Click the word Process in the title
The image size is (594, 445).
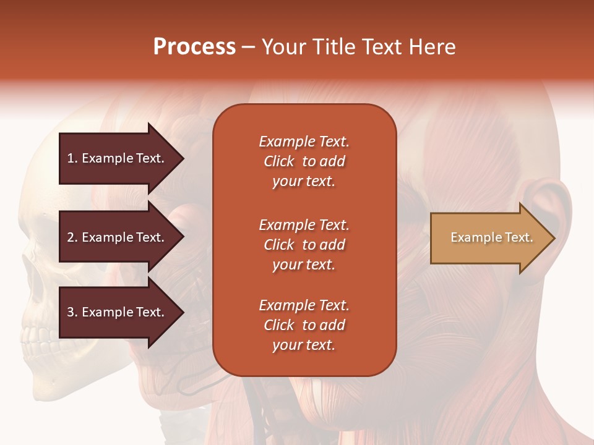(194, 47)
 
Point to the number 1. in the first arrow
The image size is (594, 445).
(72, 158)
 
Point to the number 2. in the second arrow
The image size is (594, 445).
(72, 237)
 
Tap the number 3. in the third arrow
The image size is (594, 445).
(72, 312)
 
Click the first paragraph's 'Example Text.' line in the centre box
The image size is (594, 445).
(304, 142)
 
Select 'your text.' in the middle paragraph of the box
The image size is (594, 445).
(304, 265)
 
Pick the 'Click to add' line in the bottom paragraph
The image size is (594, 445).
(304, 325)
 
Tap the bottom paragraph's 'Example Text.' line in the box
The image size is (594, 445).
(304, 305)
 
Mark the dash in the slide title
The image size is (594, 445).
(248, 48)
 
